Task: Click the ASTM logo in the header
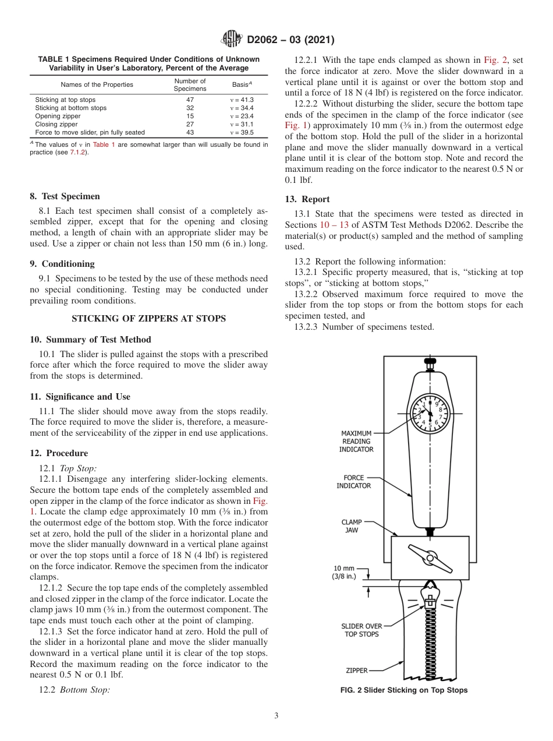click(232, 40)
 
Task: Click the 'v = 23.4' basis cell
click(242, 116)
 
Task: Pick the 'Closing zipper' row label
click(56, 124)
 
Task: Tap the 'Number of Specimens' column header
click(190, 85)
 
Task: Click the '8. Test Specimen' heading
click(65, 196)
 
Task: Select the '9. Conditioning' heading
click(62, 264)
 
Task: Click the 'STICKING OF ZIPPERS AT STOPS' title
click(148, 318)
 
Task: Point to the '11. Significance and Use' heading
click(80, 397)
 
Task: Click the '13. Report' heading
click(307, 199)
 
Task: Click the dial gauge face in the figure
click(430, 414)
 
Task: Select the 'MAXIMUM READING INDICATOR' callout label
click(356, 442)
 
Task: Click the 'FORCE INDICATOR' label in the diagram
click(353, 482)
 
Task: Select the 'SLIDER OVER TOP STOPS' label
click(361, 630)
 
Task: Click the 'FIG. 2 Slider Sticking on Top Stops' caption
click(404, 690)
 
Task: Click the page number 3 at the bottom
click(276, 716)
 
